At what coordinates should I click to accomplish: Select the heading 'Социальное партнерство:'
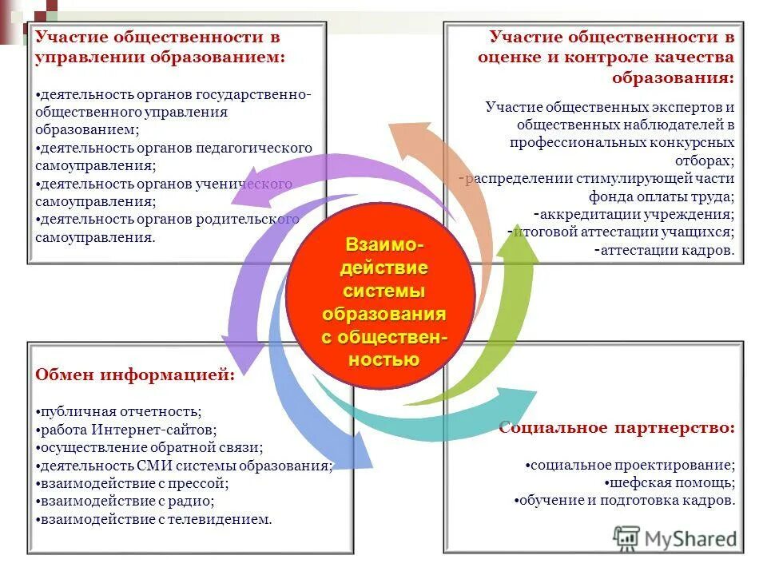point(616,428)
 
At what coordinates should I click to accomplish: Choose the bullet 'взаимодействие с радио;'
point(126,502)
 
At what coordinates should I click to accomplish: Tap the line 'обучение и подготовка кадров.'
point(626,501)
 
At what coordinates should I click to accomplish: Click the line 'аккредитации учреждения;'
point(638,214)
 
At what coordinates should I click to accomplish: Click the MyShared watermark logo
point(676,537)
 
